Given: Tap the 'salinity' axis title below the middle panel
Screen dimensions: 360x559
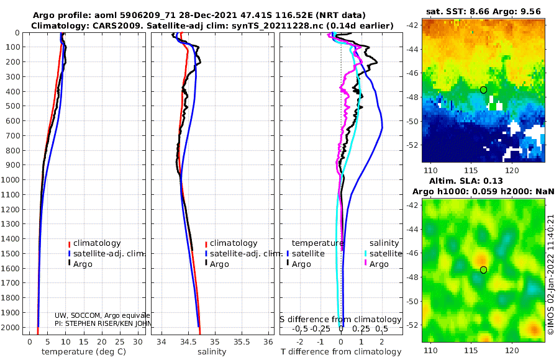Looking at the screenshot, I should [x=212, y=352].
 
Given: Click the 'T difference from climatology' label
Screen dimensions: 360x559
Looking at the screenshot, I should [x=341, y=352].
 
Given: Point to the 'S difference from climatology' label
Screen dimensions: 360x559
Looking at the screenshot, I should [x=341, y=319].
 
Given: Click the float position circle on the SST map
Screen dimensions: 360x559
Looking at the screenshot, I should [x=483, y=90].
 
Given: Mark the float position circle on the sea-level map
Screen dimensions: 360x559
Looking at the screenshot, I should [x=483, y=270].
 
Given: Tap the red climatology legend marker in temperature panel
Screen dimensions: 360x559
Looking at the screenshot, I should [x=70, y=243].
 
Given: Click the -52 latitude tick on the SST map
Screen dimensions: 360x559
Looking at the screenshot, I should [x=412, y=145].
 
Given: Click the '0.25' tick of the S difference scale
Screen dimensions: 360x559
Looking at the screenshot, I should [x=361, y=328].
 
